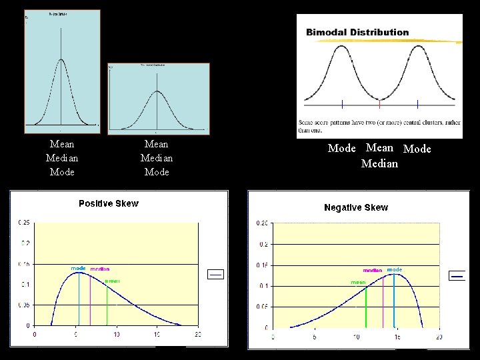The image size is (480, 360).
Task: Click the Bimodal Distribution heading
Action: tap(357, 32)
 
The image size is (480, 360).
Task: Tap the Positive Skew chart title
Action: tap(109, 203)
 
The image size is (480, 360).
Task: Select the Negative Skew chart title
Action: tap(355, 207)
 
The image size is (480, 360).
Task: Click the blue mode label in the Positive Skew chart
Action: tap(78, 268)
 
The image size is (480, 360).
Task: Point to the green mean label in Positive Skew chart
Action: tap(112, 281)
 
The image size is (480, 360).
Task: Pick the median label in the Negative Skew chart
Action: tap(372, 270)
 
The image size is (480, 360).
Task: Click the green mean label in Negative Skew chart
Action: tap(358, 283)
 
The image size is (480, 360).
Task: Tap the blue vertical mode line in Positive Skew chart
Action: tap(79, 300)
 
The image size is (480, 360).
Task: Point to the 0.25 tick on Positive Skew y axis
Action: tap(23, 222)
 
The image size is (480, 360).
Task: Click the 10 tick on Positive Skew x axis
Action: tap(116, 334)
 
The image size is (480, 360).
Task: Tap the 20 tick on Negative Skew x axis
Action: tap(439, 337)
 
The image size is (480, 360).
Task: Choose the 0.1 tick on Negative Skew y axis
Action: tap(263, 286)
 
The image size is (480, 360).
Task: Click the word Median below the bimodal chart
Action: tap(379, 163)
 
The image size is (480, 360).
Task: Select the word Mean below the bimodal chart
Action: tap(379, 148)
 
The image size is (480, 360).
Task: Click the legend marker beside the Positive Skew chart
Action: tap(217, 273)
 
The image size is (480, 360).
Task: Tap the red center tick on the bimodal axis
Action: tap(379, 103)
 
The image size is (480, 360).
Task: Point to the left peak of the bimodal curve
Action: tap(342, 46)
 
